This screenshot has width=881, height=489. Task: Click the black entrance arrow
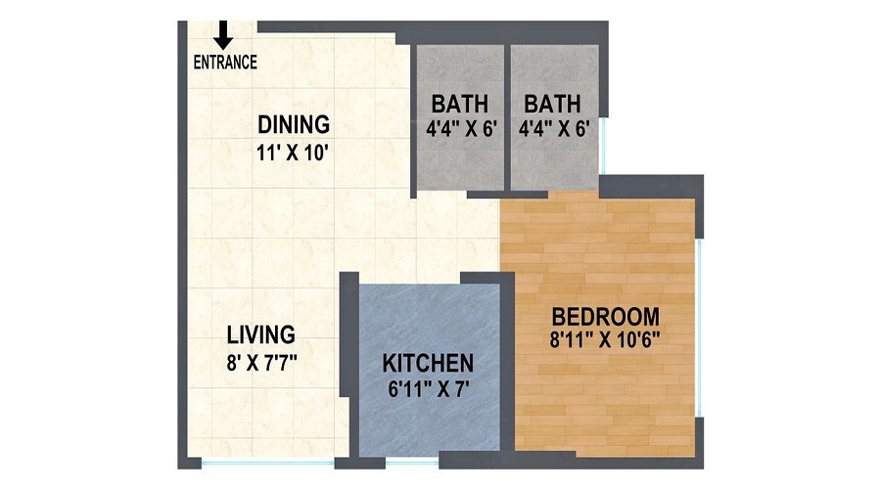[223, 34]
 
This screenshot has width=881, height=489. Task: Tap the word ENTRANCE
[225, 63]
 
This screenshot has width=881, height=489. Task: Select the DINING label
[294, 125]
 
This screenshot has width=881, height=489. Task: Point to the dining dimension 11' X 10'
[294, 152]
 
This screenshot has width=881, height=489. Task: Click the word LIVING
[261, 335]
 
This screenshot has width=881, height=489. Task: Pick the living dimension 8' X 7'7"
[261, 361]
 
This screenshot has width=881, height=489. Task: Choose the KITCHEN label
[428, 363]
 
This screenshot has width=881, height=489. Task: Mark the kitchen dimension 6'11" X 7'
[428, 387]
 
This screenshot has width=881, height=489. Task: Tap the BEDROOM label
[605, 317]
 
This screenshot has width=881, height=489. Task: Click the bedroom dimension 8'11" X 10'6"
[605, 341]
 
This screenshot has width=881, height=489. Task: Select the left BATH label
[460, 103]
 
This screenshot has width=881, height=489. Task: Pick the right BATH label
[552, 103]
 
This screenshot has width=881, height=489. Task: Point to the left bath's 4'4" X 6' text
[460, 128]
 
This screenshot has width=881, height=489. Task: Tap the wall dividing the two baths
[506, 117]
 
